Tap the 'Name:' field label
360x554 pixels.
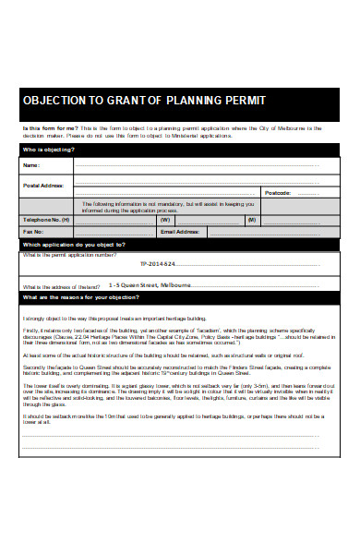pyautogui.click(x=31, y=166)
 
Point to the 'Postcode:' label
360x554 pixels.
pyautogui.click(x=278, y=193)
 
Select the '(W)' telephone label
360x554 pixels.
pyautogui.click(x=165, y=220)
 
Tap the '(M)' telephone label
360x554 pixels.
pyautogui.click(x=251, y=220)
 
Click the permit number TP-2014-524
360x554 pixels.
pyautogui.click(x=150, y=265)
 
